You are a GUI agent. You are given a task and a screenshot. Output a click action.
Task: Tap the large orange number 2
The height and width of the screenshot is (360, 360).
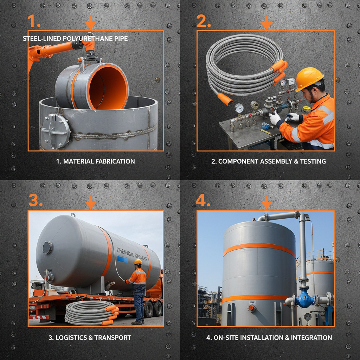pyautogui.click(x=203, y=21)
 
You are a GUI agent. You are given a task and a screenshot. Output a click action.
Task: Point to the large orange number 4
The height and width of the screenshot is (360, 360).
pyautogui.click(x=203, y=200)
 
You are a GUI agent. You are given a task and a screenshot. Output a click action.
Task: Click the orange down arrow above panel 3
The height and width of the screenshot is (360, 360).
pyautogui.click(x=90, y=201)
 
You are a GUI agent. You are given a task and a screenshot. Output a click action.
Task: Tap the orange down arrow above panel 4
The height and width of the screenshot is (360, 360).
pyautogui.click(x=266, y=201)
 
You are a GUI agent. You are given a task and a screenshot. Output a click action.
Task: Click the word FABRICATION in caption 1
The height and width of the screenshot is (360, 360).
pyautogui.click(x=114, y=161)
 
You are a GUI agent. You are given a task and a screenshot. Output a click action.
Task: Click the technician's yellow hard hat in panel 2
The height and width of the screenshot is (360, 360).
pyautogui.click(x=309, y=78)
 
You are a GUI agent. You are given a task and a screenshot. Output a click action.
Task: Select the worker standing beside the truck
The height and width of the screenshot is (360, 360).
pyautogui.click(x=138, y=292)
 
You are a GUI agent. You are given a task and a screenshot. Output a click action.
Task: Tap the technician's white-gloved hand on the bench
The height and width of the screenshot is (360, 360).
pyautogui.click(x=275, y=118)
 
